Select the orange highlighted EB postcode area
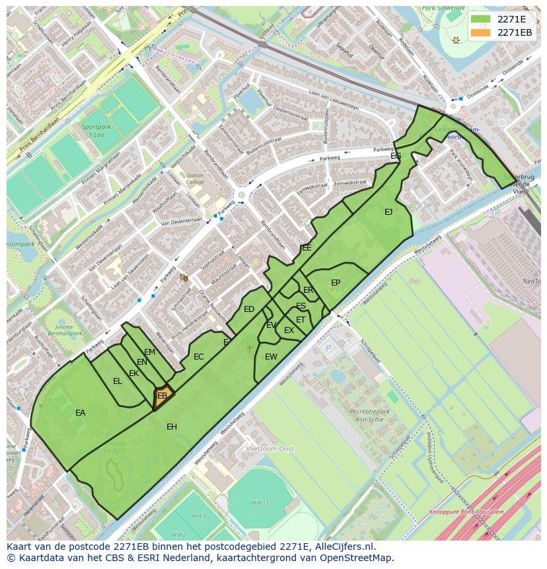(x=163, y=397)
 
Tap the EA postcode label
(x=80, y=413)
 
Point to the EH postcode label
(x=172, y=427)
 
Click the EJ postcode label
(x=388, y=212)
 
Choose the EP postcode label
(x=336, y=283)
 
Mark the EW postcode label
(x=271, y=357)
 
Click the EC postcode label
(x=199, y=357)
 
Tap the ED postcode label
(x=249, y=309)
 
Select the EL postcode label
(x=118, y=381)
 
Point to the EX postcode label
(x=289, y=330)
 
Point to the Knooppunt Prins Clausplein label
(x=467, y=512)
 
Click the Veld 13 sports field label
(x=260, y=502)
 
